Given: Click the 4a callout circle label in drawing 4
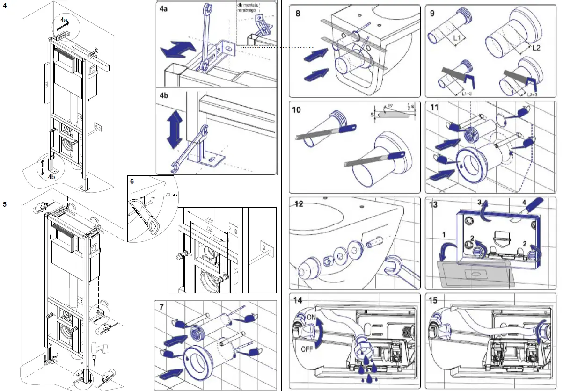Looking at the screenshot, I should tap(63, 21).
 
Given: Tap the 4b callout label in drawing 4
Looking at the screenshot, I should tap(50, 178).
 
